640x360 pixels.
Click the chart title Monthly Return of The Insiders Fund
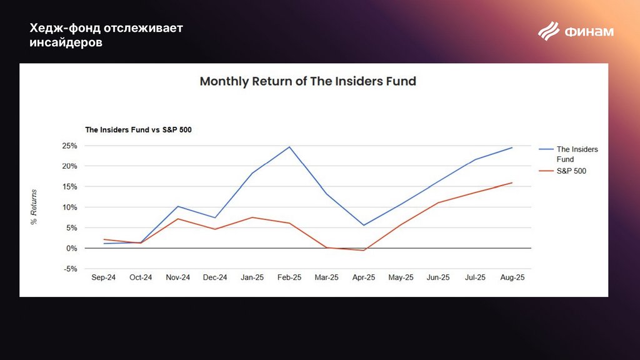coord(307,81)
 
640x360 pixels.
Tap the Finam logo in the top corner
coord(576,31)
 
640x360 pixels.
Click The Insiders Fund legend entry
coord(577,154)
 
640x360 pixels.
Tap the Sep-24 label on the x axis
coord(104,278)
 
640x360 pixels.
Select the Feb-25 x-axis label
coord(289,278)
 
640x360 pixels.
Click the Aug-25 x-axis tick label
coord(512,278)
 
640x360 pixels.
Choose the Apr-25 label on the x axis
coord(364,278)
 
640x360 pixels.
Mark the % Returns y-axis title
coord(34,206)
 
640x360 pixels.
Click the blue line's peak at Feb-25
coord(289,147)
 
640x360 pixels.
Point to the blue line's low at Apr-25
coord(364,225)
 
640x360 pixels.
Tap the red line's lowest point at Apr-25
coord(364,251)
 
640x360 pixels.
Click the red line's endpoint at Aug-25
coord(512,182)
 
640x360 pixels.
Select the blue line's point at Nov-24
coord(178,206)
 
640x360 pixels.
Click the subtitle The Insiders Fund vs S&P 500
coord(138,130)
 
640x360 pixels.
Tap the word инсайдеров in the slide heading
coord(66,42)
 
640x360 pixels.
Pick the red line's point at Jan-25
coord(252,217)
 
